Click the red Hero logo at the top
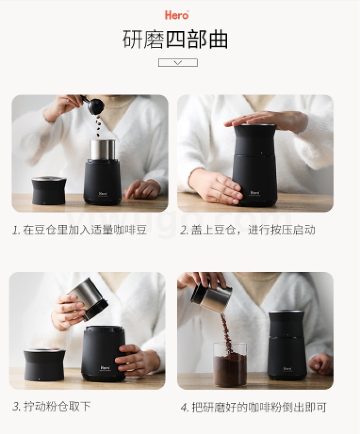pos(177,15)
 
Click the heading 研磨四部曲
pos(175,40)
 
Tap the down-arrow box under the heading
pos(178,63)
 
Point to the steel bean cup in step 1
pos(103,150)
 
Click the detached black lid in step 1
pos(49,191)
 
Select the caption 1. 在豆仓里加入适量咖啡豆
pos(80,230)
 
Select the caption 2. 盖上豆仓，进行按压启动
pos(247,230)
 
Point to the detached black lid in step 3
pos(44,364)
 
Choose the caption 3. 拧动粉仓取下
pos(52,406)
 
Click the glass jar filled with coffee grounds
pos(230,364)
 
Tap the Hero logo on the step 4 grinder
pos(287,369)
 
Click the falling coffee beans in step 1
pos(98,126)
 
